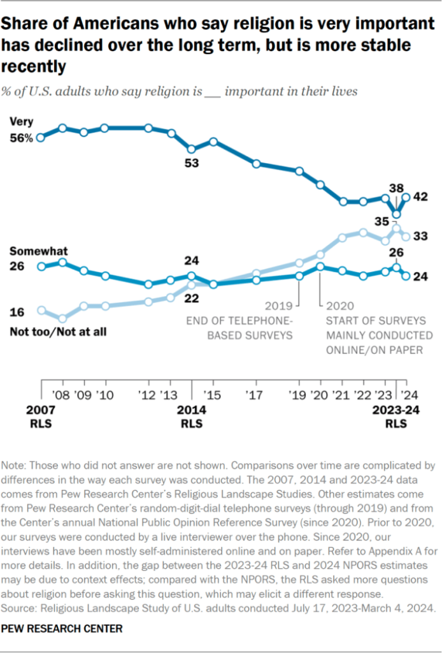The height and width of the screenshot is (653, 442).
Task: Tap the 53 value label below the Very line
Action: (x=192, y=163)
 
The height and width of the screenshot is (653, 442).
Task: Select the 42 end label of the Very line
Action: (x=420, y=198)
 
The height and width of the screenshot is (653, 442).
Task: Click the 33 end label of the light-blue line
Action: (x=420, y=236)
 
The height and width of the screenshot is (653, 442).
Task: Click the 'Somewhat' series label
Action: (x=38, y=251)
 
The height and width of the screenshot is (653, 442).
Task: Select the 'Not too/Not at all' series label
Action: (x=58, y=331)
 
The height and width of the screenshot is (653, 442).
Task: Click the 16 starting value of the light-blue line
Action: (x=17, y=311)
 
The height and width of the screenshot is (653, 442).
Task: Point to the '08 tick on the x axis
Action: (x=63, y=393)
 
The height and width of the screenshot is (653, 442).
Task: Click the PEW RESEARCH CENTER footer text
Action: (x=62, y=628)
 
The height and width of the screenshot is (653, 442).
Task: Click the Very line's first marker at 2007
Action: (x=41, y=137)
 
